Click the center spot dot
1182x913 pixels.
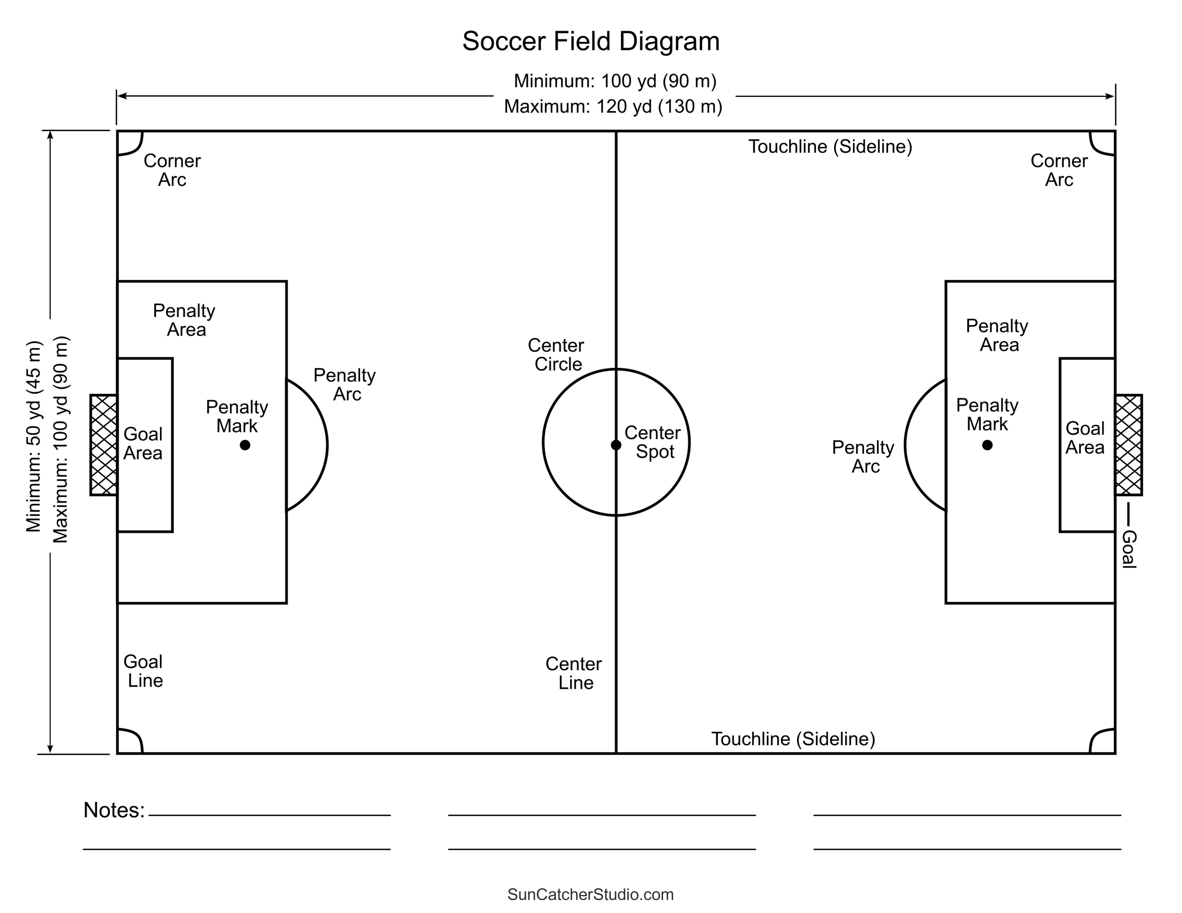click(616, 445)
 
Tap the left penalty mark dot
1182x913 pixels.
click(245, 445)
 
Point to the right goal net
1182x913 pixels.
click(1128, 445)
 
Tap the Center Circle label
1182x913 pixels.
click(557, 354)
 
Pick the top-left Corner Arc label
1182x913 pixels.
click(172, 170)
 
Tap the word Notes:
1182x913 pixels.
click(114, 810)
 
